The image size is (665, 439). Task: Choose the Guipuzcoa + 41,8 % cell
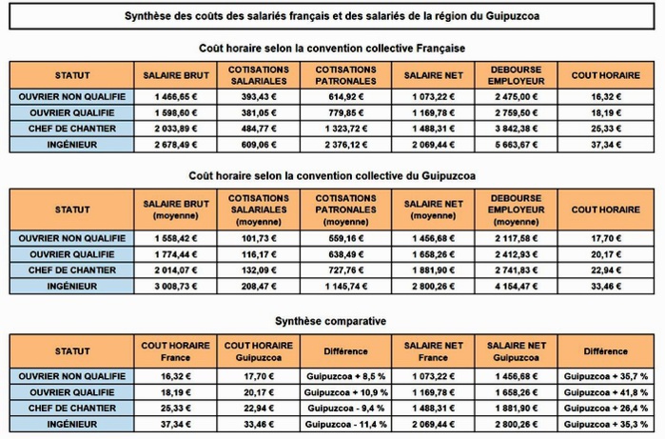pos(605,392)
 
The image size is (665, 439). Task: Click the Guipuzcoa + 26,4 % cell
pos(605,408)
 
